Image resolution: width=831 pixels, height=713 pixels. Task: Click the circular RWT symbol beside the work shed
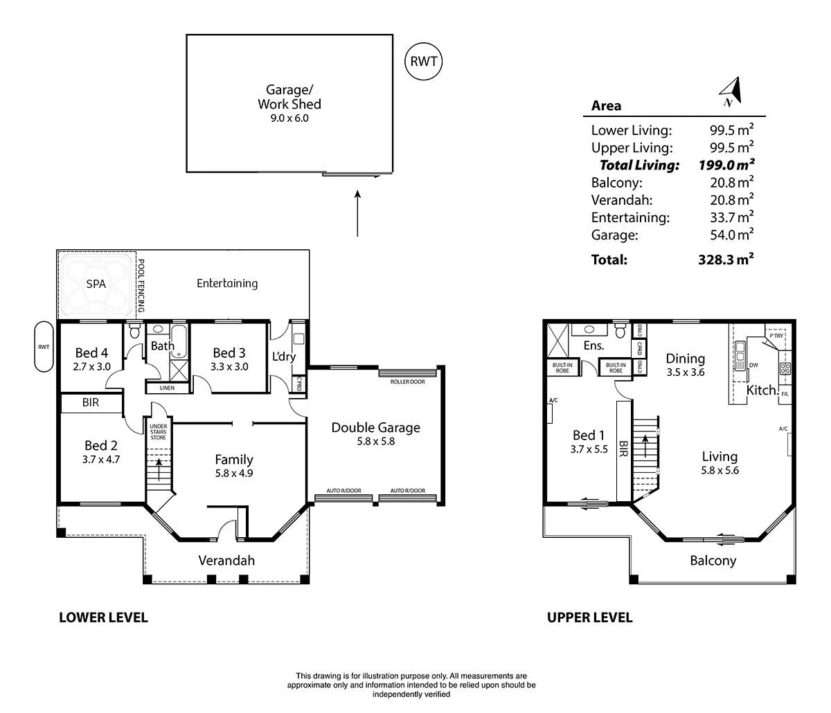coord(423,61)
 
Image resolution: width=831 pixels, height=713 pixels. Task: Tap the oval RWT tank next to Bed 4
coord(44,346)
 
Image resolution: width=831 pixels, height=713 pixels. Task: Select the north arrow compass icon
coord(730,91)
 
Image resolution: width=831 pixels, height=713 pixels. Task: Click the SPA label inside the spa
coord(96,284)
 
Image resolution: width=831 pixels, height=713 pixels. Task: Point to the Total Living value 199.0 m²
coord(725,165)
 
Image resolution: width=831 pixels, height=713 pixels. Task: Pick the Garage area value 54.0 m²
coord(725,235)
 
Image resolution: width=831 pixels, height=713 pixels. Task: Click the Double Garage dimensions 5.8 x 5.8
coord(375,441)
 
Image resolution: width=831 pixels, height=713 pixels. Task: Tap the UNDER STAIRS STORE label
coord(159,431)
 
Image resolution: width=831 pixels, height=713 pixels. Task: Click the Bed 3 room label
coord(229,352)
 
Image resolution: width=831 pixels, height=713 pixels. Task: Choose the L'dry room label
coord(284,356)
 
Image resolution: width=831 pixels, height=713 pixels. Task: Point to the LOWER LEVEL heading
coord(103,617)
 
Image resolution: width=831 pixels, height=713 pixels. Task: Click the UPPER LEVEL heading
coord(589,617)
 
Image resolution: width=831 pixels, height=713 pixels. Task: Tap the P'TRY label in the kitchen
coord(776,336)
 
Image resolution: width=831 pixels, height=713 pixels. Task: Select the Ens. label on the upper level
coord(594,345)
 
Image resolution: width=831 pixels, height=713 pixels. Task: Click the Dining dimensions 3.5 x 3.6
coord(685,372)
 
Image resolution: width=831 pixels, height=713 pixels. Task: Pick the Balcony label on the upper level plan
coord(713,561)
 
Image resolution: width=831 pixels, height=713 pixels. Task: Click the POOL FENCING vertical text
coord(141,286)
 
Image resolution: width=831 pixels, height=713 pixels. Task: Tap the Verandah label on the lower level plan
coord(226,560)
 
